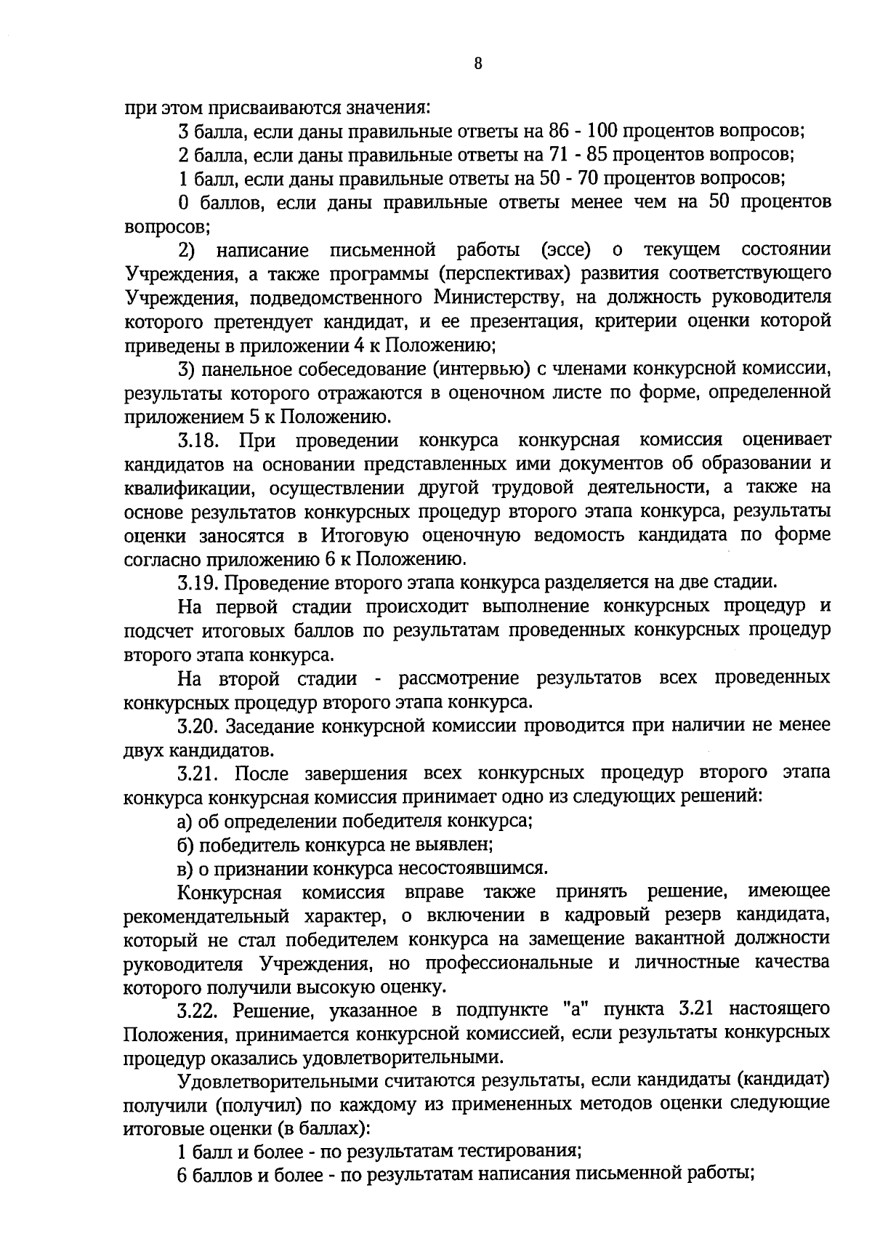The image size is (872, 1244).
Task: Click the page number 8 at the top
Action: [x=477, y=63]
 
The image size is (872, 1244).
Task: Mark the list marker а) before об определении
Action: [x=185, y=822]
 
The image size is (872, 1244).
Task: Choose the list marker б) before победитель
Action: [x=185, y=845]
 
